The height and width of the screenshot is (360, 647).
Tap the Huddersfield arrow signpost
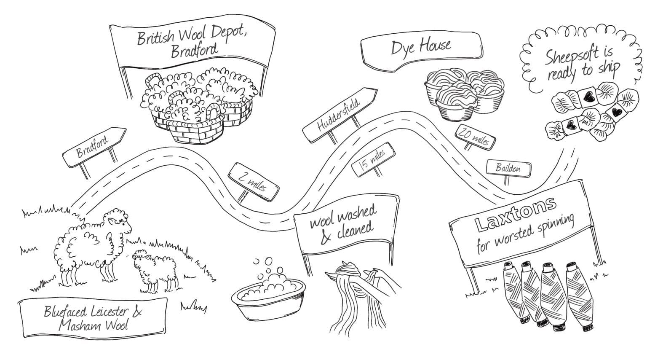[x=340, y=115]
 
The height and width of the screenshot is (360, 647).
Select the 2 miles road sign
[x=253, y=182]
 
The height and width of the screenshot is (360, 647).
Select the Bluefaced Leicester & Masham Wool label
[x=93, y=318]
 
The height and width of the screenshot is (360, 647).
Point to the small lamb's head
[x=140, y=257]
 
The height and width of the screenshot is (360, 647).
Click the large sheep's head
[x=119, y=219]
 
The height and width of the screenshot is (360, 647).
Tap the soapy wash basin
[x=268, y=298]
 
